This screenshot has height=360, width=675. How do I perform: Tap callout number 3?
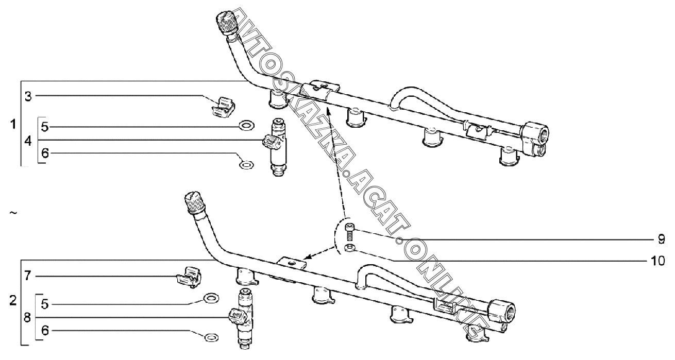pyautogui.click(x=29, y=96)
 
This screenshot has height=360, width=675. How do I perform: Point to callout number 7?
pyautogui.click(x=29, y=276)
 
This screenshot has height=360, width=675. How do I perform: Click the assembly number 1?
pyautogui.click(x=13, y=124)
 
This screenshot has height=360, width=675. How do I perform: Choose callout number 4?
pyautogui.click(x=29, y=140)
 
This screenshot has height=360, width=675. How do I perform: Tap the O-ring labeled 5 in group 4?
pyautogui.click(x=247, y=125)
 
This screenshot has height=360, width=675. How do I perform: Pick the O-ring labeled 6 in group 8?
pyautogui.click(x=210, y=338)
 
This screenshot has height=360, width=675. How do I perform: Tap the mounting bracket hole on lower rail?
pyautogui.click(x=293, y=263)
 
